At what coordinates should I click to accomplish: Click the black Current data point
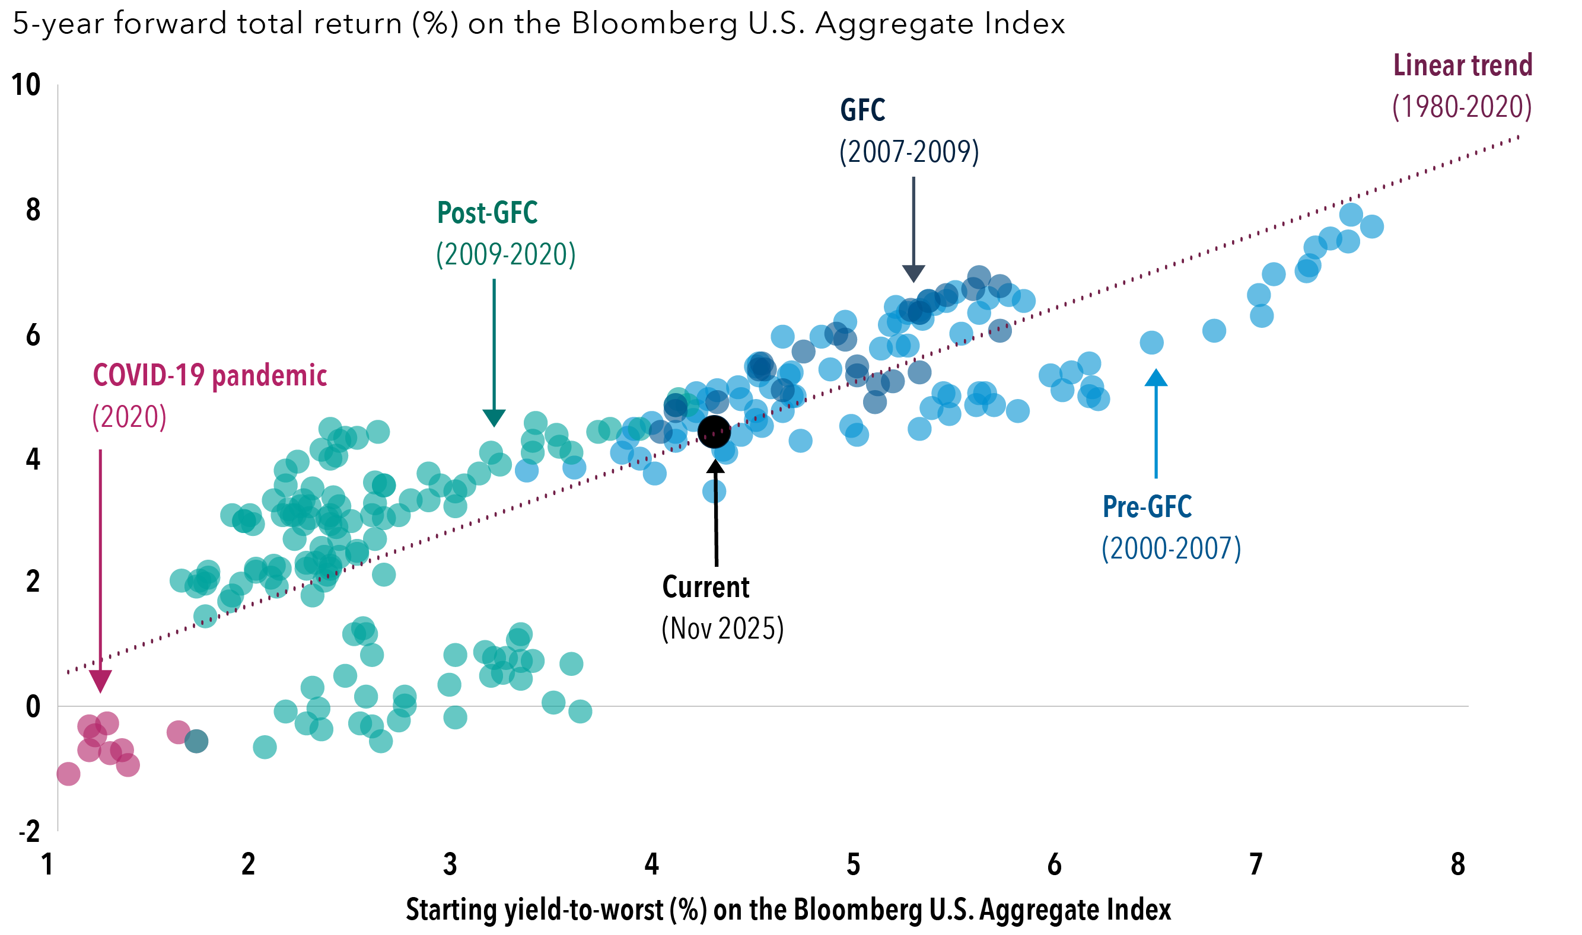pyautogui.click(x=714, y=432)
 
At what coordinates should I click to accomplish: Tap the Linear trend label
pyautogui.click(x=1462, y=66)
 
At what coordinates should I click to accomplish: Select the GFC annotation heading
pyautogui.click(x=862, y=110)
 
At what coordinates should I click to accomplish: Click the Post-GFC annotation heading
pyautogui.click(x=487, y=213)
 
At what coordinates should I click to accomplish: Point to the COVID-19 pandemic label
pyautogui.click(x=210, y=375)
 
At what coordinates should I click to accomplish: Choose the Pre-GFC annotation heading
pyautogui.click(x=1147, y=506)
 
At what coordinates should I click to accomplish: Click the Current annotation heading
pyautogui.click(x=705, y=587)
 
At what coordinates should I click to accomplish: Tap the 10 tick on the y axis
pyautogui.click(x=26, y=85)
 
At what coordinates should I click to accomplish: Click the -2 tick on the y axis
pyautogui.click(x=29, y=832)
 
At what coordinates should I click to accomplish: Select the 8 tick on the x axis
pyautogui.click(x=1458, y=864)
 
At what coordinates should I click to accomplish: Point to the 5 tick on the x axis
pyautogui.click(x=853, y=864)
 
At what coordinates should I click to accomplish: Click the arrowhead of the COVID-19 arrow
pyautogui.click(x=100, y=682)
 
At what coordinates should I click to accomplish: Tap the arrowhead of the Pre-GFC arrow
pyautogui.click(x=1156, y=378)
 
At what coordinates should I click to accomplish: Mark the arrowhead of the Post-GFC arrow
pyautogui.click(x=494, y=418)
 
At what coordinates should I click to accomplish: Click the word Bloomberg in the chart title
pyautogui.click(x=654, y=24)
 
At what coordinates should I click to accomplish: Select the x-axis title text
pyautogui.click(x=788, y=910)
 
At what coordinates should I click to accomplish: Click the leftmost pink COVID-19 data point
pyautogui.click(x=68, y=773)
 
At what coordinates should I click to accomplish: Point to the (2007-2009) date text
pyautogui.click(x=909, y=152)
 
